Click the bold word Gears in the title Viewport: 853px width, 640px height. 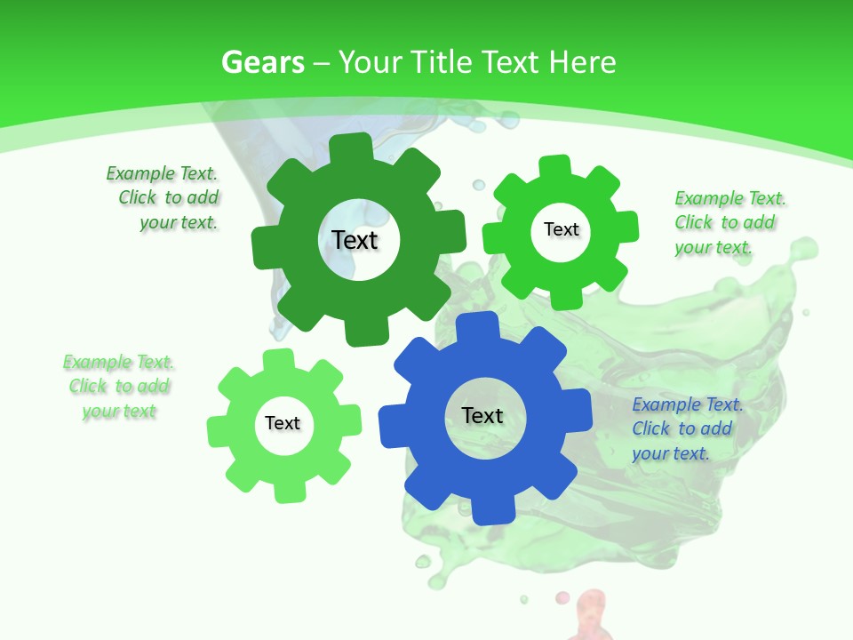point(263,62)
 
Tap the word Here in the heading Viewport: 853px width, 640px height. point(582,62)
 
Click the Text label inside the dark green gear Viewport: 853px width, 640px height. point(355,240)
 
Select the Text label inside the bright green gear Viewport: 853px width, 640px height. point(561,229)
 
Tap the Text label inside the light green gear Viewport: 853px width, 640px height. point(283,423)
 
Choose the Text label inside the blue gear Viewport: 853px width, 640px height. point(482,415)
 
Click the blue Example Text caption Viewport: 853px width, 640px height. point(686,429)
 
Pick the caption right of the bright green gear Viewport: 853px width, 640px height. point(729,222)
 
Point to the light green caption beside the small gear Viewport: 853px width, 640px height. point(119,387)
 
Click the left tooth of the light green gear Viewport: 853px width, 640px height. point(219,430)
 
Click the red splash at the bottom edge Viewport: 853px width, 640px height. point(591,618)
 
